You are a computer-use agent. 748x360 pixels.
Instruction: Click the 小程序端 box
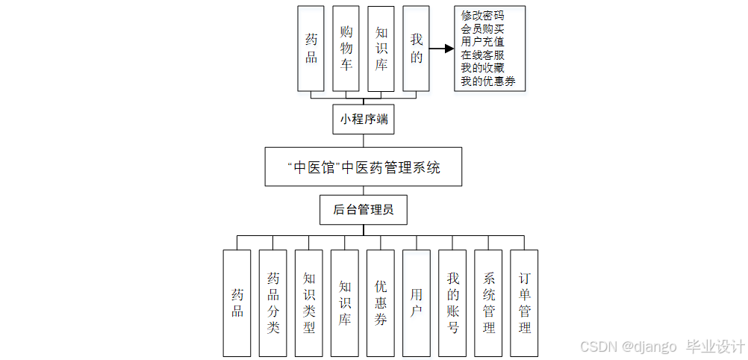pyautogui.click(x=364, y=119)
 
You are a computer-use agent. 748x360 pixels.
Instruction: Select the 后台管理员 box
pyautogui.click(x=364, y=210)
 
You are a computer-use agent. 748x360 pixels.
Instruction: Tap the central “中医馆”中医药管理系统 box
pyautogui.click(x=364, y=167)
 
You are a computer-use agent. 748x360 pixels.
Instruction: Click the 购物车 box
pyautogui.click(x=346, y=49)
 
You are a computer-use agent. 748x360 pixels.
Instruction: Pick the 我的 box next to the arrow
pyautogui.click(x=416, y=49)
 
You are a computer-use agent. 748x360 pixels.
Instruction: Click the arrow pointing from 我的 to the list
pyautogui.click(x=442, y=49)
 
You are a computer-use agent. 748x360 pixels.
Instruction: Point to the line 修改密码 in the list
pyautogui.click(x=482, y=16)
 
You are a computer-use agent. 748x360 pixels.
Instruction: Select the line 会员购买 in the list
pyautogui.click(x=482, y=29)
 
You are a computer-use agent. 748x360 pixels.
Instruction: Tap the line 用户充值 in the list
pyautogui.click(x=482, y=42)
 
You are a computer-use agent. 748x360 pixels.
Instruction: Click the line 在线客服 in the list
pyautogui.click(x=482, y=55)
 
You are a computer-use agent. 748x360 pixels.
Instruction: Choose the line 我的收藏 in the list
pyautogui.click(x=482, y=68)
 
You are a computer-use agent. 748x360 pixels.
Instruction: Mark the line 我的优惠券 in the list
pyautogui.click(x=488, y=81)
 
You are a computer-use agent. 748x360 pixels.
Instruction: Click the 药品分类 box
pyautogui.click(x=272, y=302)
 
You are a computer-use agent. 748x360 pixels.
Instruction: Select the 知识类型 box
pyautogui.click(x=308, y=302)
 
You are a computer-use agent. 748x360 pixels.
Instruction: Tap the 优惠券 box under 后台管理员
pyautogui.click(x=380, y=302)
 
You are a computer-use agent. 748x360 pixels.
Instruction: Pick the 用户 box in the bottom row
pyautogui.click(x=416, y=302)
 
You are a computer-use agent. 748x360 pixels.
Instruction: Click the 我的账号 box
pyautogui.click(x=452, y=302)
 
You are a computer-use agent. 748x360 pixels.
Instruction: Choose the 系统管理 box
pyautogui.click(x=487, y=302)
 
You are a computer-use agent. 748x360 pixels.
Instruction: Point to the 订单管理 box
pyautogui.click(x=523, y=302)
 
